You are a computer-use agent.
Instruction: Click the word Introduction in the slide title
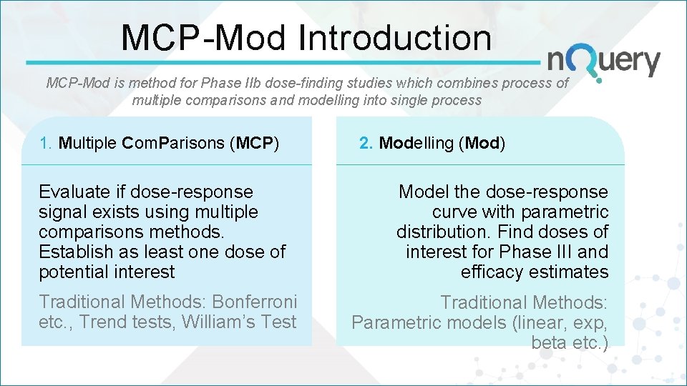click(x=395, y=39)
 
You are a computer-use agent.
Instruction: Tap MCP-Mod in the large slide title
click(x=204, y=39)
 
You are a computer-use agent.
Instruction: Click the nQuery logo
click(x=603, y=61)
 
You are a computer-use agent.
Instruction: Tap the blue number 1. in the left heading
click(x=47, y=143)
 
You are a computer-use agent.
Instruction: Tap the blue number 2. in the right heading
click(x=366, y=143)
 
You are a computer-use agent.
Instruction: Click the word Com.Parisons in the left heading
click(x=173, y=143)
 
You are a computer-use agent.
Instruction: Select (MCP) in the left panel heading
click(x=254, y=143)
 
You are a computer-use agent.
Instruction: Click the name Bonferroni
click(x=254, y=302)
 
